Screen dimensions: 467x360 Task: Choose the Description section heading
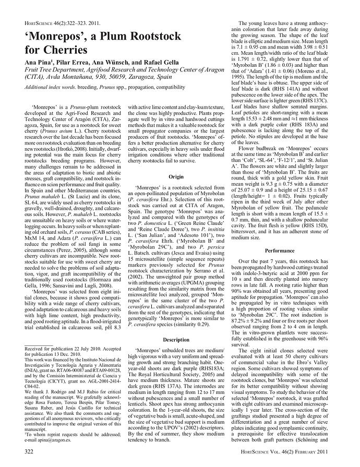point(176,339)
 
